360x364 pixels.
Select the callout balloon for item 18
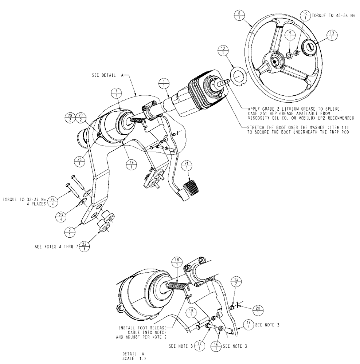[x=176, y=262]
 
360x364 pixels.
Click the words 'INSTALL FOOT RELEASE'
[x=142, y=327]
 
